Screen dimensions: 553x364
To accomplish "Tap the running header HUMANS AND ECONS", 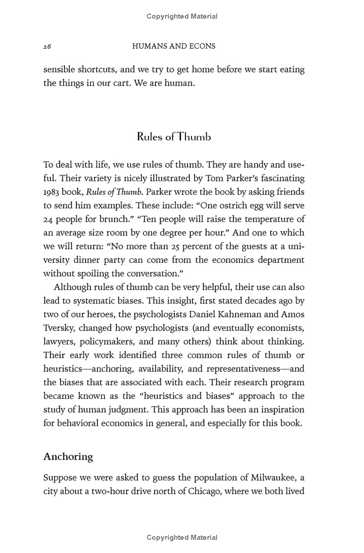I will point(173,46).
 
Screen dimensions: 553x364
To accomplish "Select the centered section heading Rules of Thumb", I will point(174,137).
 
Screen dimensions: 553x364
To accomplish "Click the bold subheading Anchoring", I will point(68,457).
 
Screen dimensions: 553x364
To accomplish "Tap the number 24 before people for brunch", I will point(48,219).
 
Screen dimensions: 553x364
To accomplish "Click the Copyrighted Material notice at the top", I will point(182,16).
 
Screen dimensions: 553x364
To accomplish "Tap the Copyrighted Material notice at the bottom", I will point(182,538).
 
